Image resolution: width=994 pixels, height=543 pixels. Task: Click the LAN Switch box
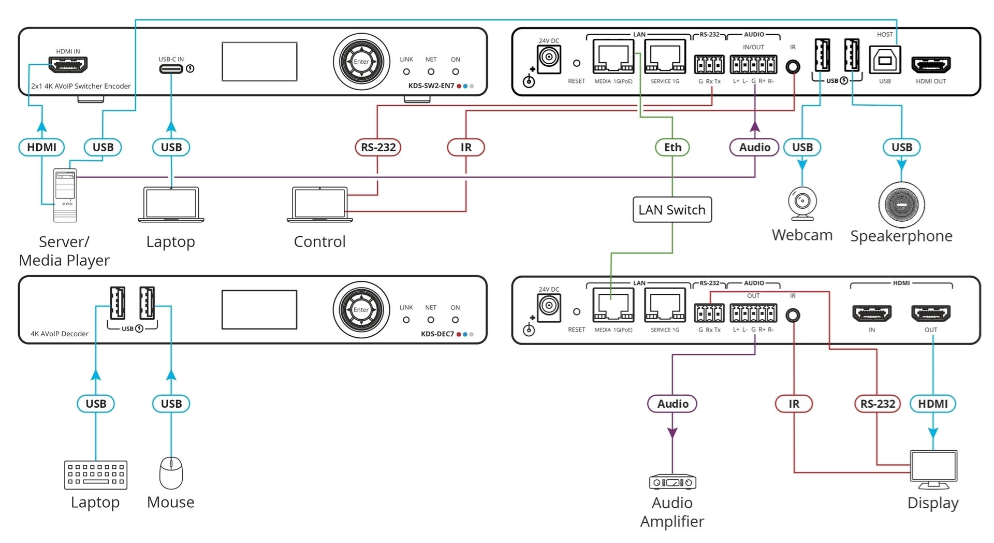(672, 210)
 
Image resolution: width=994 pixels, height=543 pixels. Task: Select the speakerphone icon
(901, 205)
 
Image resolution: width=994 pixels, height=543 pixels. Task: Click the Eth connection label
(673, 147)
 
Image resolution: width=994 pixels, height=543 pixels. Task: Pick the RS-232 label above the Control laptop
(378, 147)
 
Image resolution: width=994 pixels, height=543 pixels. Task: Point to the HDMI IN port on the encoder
(68, 65)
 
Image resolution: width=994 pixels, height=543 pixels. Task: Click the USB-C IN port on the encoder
(171, 68)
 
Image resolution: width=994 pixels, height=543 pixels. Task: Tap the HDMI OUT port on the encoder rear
(930, 65)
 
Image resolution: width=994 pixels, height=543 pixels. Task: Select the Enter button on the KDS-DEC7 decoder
(361, 310)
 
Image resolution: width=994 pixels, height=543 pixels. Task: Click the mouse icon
(171, 473)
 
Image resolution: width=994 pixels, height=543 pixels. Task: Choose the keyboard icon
(96, 475)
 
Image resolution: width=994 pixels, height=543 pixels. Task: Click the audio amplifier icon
(673, 482)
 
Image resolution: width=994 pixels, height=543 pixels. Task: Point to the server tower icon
(65, 195)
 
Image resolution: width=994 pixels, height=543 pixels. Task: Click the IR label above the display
(794, 404)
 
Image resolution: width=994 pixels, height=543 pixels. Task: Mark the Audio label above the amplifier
(673, 404)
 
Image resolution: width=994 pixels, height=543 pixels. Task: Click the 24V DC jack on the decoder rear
(549, 306)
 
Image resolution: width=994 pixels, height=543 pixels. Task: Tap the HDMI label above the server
(41, 147)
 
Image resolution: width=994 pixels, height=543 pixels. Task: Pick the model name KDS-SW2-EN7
(431, 86)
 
